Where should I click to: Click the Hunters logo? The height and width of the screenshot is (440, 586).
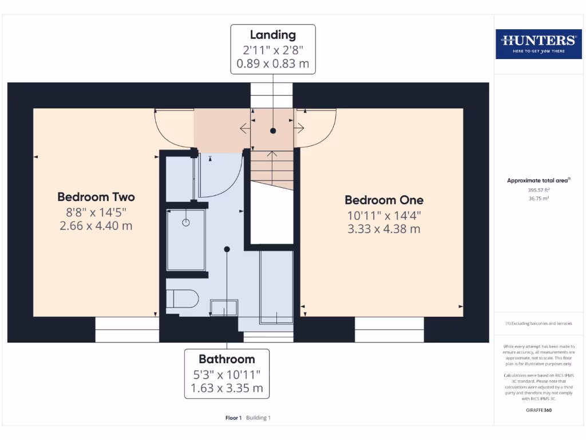538,44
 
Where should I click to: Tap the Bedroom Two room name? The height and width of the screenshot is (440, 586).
96,197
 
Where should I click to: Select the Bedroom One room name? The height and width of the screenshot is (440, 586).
384,200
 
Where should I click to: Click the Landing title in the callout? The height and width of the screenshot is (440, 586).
273,36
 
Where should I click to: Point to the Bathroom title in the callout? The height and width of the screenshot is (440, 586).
227,359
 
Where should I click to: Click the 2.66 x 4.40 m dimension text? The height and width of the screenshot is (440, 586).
96,226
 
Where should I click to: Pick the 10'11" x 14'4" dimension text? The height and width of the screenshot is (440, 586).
384,215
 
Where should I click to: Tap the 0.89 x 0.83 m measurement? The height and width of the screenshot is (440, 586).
273,64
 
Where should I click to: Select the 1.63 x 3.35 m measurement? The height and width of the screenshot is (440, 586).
227,388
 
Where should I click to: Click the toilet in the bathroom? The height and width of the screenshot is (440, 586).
182,299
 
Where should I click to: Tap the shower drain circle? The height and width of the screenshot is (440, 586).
186,223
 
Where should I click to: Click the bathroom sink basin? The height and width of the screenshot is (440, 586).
224,308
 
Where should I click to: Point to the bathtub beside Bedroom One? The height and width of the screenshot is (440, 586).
277,286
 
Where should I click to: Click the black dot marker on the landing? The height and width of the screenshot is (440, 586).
273,131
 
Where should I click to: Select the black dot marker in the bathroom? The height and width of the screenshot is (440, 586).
227,249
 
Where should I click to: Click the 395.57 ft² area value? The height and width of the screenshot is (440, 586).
538,190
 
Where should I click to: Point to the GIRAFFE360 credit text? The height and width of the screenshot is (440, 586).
538,410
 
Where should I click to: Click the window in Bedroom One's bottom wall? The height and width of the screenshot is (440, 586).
389,330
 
